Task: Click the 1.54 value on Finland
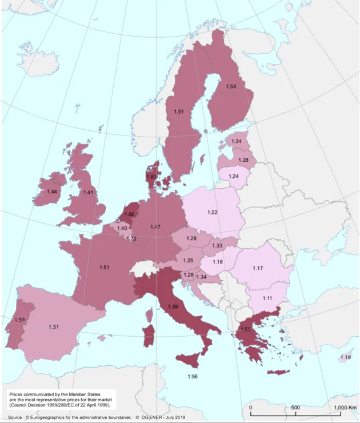[231, 86]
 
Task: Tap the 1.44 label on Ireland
[53, 191]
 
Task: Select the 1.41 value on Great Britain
[88, 193]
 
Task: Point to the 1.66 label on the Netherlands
[129, 214]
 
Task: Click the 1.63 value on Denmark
[151, 177]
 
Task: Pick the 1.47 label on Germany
[155, 227]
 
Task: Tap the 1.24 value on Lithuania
[233, 177]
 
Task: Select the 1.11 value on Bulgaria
[267, 298]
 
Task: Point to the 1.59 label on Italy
[174, 307]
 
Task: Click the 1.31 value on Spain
[55, 326]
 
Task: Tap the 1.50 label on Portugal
[19, 320]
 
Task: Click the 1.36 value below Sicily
[193, 376]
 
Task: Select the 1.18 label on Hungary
[218, 262]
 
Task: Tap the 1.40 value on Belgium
[122, 229]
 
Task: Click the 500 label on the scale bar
[295, 407]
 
